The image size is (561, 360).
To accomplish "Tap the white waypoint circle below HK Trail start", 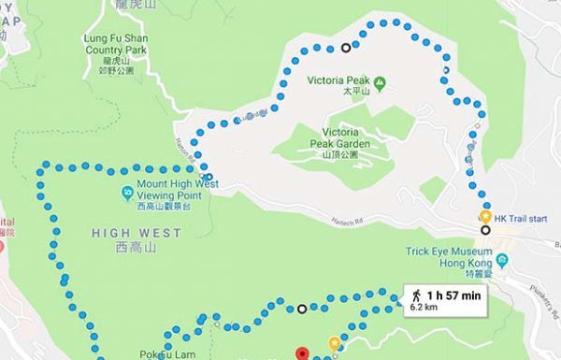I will pyautogui.click(x=485, y=230).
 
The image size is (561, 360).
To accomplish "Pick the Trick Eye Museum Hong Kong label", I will pyautogui.click(x=448, y=257).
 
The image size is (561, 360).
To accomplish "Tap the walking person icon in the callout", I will pyautogui.click(x=415, y=295).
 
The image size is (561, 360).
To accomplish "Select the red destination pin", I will pyautogui.click(x=302, y=354).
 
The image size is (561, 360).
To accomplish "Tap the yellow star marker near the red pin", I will pyautogui.click(x=335, y=343).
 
